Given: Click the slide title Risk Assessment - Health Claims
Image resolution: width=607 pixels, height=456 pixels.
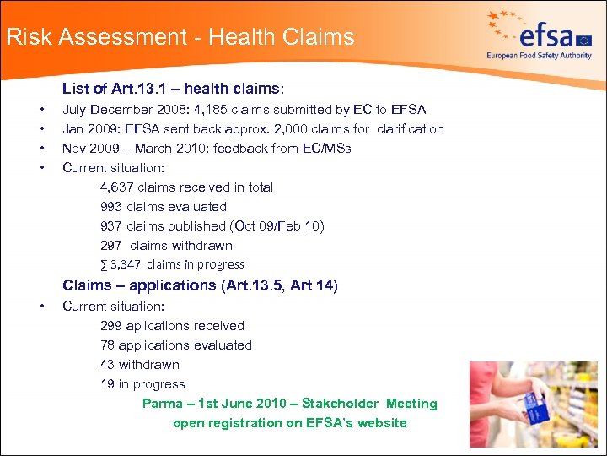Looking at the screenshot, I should pos(180,37).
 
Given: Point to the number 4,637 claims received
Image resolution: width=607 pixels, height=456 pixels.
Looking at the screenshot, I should pos(117,187).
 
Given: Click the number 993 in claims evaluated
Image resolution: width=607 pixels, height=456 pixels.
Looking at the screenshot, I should pos(110,207).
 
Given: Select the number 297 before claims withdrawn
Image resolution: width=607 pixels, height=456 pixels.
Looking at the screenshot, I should pos(110,246).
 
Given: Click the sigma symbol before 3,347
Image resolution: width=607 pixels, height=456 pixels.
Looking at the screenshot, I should pos(104,265).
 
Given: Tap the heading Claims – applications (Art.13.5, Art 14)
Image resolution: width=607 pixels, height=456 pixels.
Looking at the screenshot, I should pos(200,285).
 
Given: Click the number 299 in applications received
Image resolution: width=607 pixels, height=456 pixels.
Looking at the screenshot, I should pos(110,326).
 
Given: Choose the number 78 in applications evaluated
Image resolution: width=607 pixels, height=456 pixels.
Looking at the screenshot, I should pos(107,345).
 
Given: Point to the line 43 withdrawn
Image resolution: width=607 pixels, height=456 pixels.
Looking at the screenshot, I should pos(139,365).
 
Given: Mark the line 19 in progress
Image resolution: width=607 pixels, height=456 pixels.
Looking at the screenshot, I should pos(142,384).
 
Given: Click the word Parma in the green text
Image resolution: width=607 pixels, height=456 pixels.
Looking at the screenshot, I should pos(162,404).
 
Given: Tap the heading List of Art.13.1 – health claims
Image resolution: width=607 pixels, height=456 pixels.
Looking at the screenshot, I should pos(173,89).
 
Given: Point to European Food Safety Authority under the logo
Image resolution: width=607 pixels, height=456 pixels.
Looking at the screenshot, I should pos(538,56).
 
